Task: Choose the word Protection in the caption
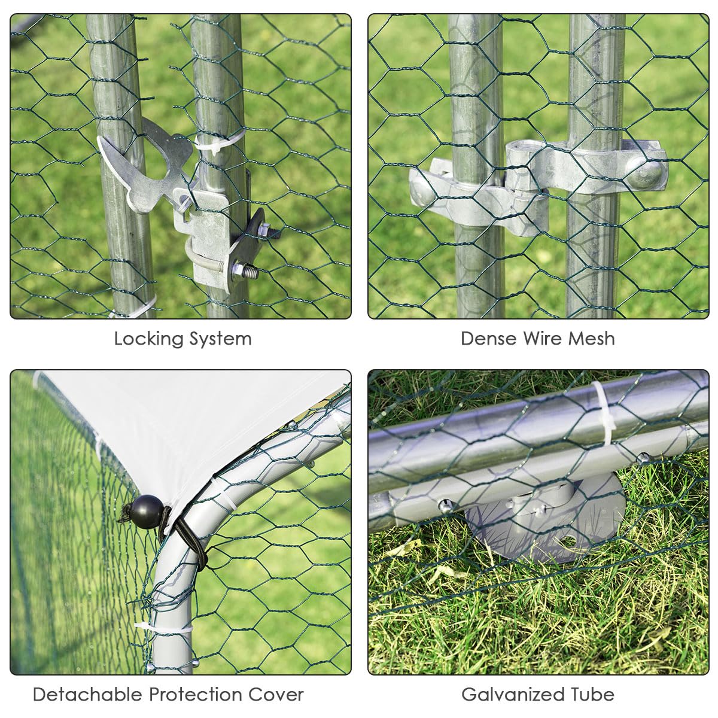(196, 695)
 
